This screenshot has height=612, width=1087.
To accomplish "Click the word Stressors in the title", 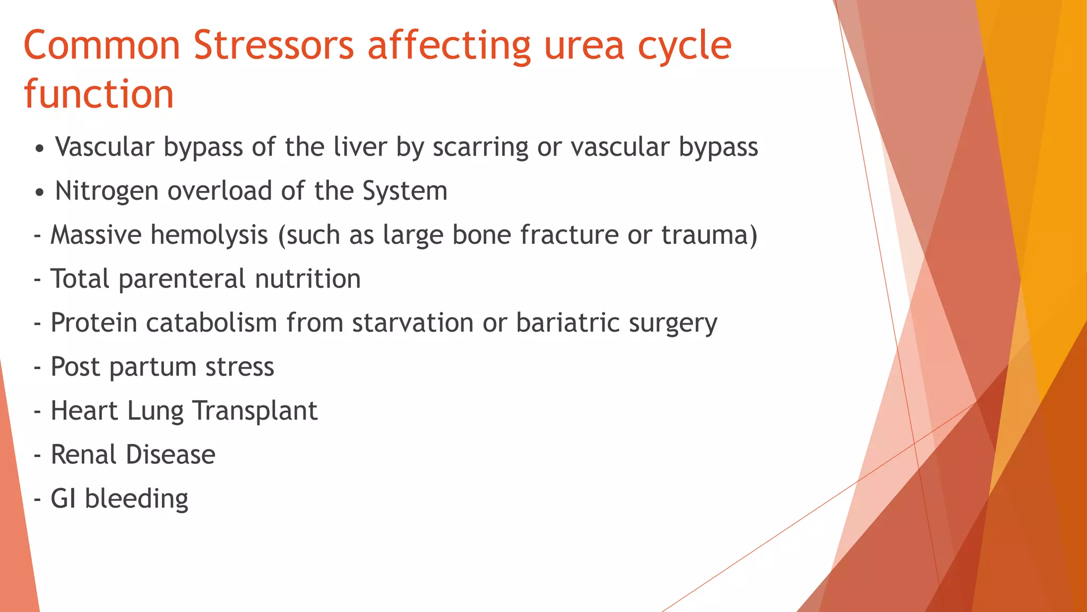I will pyautogui.click(x=273, y=46).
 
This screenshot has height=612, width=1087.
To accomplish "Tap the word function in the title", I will pyautogui.click(x=99, y=95).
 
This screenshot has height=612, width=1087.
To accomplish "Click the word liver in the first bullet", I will pyautogui.click(x=360, y=147).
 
